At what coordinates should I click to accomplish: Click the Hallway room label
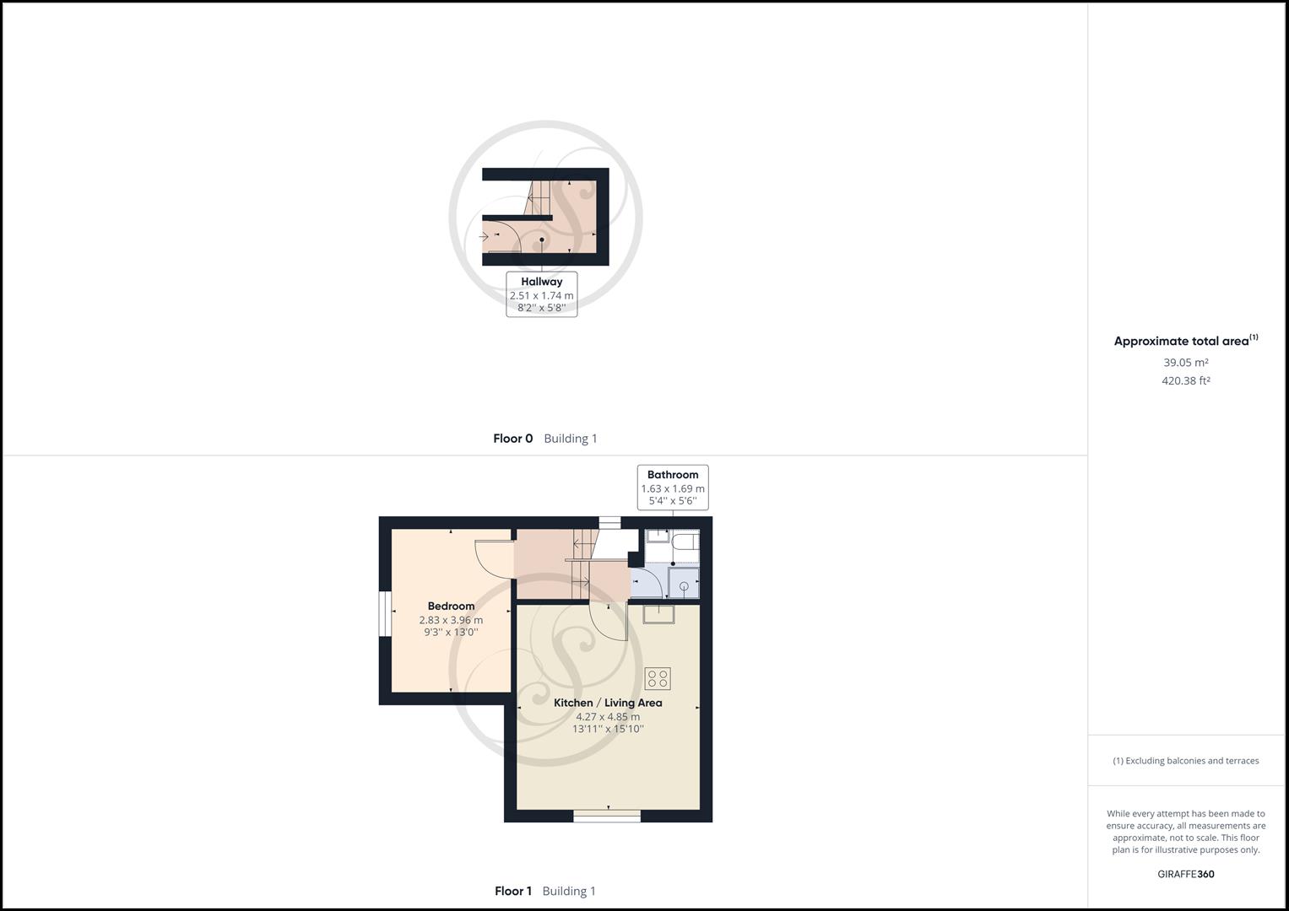click(x=541, y=282)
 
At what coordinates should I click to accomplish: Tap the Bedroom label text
click(x=451, y=606)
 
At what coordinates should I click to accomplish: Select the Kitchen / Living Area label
click(x=608, y=703)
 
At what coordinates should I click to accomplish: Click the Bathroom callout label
click(x=673, y=475)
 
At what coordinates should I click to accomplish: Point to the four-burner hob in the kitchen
click(x=658, y=678)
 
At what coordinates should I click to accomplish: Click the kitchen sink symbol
click(x=658, y=614)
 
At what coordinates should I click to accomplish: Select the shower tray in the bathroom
click(x=684, y=584)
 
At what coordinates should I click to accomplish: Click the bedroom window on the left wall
click(x=384, y=612)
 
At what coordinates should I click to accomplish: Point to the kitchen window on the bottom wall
click(x=607, y=816)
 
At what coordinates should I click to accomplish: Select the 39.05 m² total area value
click(x=1186, y=363)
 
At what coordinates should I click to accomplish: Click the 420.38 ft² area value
click(x=1186, y=381)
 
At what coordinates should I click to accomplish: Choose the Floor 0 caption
click(x=513, y=439)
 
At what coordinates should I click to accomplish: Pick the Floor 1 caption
click(x=513, y=891)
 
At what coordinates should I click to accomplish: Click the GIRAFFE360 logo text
click(x=1186, y=874)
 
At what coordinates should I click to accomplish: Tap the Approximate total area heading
click(x=1182, y=342)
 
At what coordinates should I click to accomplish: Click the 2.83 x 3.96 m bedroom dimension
click(x=451, y=620)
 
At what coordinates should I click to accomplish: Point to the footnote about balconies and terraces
click(x=1186, y=761)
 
